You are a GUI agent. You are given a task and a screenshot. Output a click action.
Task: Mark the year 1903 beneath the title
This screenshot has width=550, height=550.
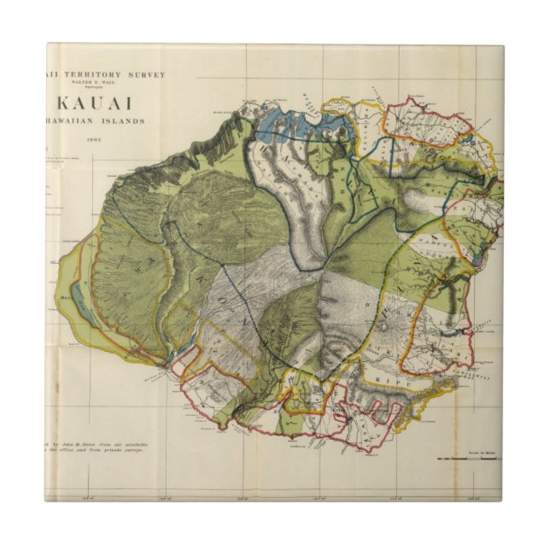[x=92, y=137]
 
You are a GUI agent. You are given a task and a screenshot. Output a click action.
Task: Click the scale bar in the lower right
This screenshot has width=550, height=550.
[x=466, y=459]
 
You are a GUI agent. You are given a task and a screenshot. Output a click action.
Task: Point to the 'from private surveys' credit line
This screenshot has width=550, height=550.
[x=116, y=450]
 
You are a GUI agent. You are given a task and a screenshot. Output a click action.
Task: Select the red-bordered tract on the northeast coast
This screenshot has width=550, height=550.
[x=427, y=124]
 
